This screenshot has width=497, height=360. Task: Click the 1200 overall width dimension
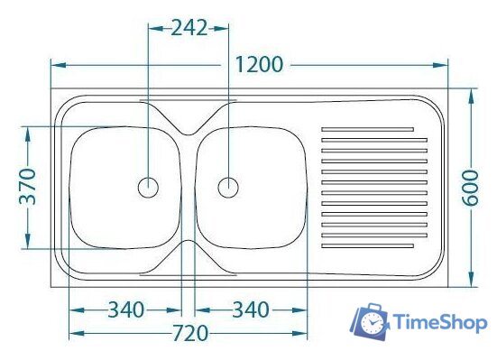point(259,65)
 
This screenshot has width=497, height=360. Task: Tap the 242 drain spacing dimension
point(189,28)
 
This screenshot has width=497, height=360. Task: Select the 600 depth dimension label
point(470,188)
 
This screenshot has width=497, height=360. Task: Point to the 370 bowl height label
point(28,187)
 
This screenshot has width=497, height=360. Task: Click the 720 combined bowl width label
point(190,333)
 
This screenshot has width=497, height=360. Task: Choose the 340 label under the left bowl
point(126,309)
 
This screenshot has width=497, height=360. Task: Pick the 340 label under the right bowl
point(251,309)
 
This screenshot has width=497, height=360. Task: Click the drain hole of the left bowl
point(148,188)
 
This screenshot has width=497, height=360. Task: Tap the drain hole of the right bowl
point(228,188)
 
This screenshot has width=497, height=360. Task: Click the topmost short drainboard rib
point(367,129)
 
